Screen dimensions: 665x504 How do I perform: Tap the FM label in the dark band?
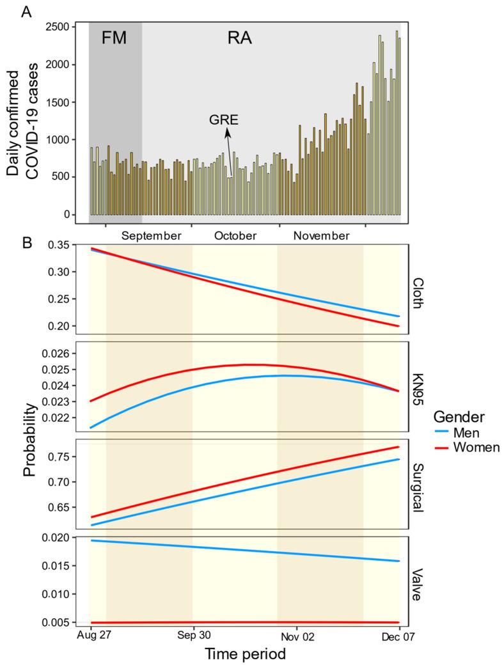tap(114, 38)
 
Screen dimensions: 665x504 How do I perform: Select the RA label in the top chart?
tap(240, 38)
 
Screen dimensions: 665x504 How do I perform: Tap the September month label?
tap(152, 236)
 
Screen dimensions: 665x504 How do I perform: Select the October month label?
tap(235, 236)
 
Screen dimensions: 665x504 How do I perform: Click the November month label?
tap(322, 236)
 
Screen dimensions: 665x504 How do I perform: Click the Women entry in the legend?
tap(476, 448)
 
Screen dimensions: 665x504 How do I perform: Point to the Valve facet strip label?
tap(418, 584)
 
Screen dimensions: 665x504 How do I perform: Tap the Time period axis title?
tap(244, 655)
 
